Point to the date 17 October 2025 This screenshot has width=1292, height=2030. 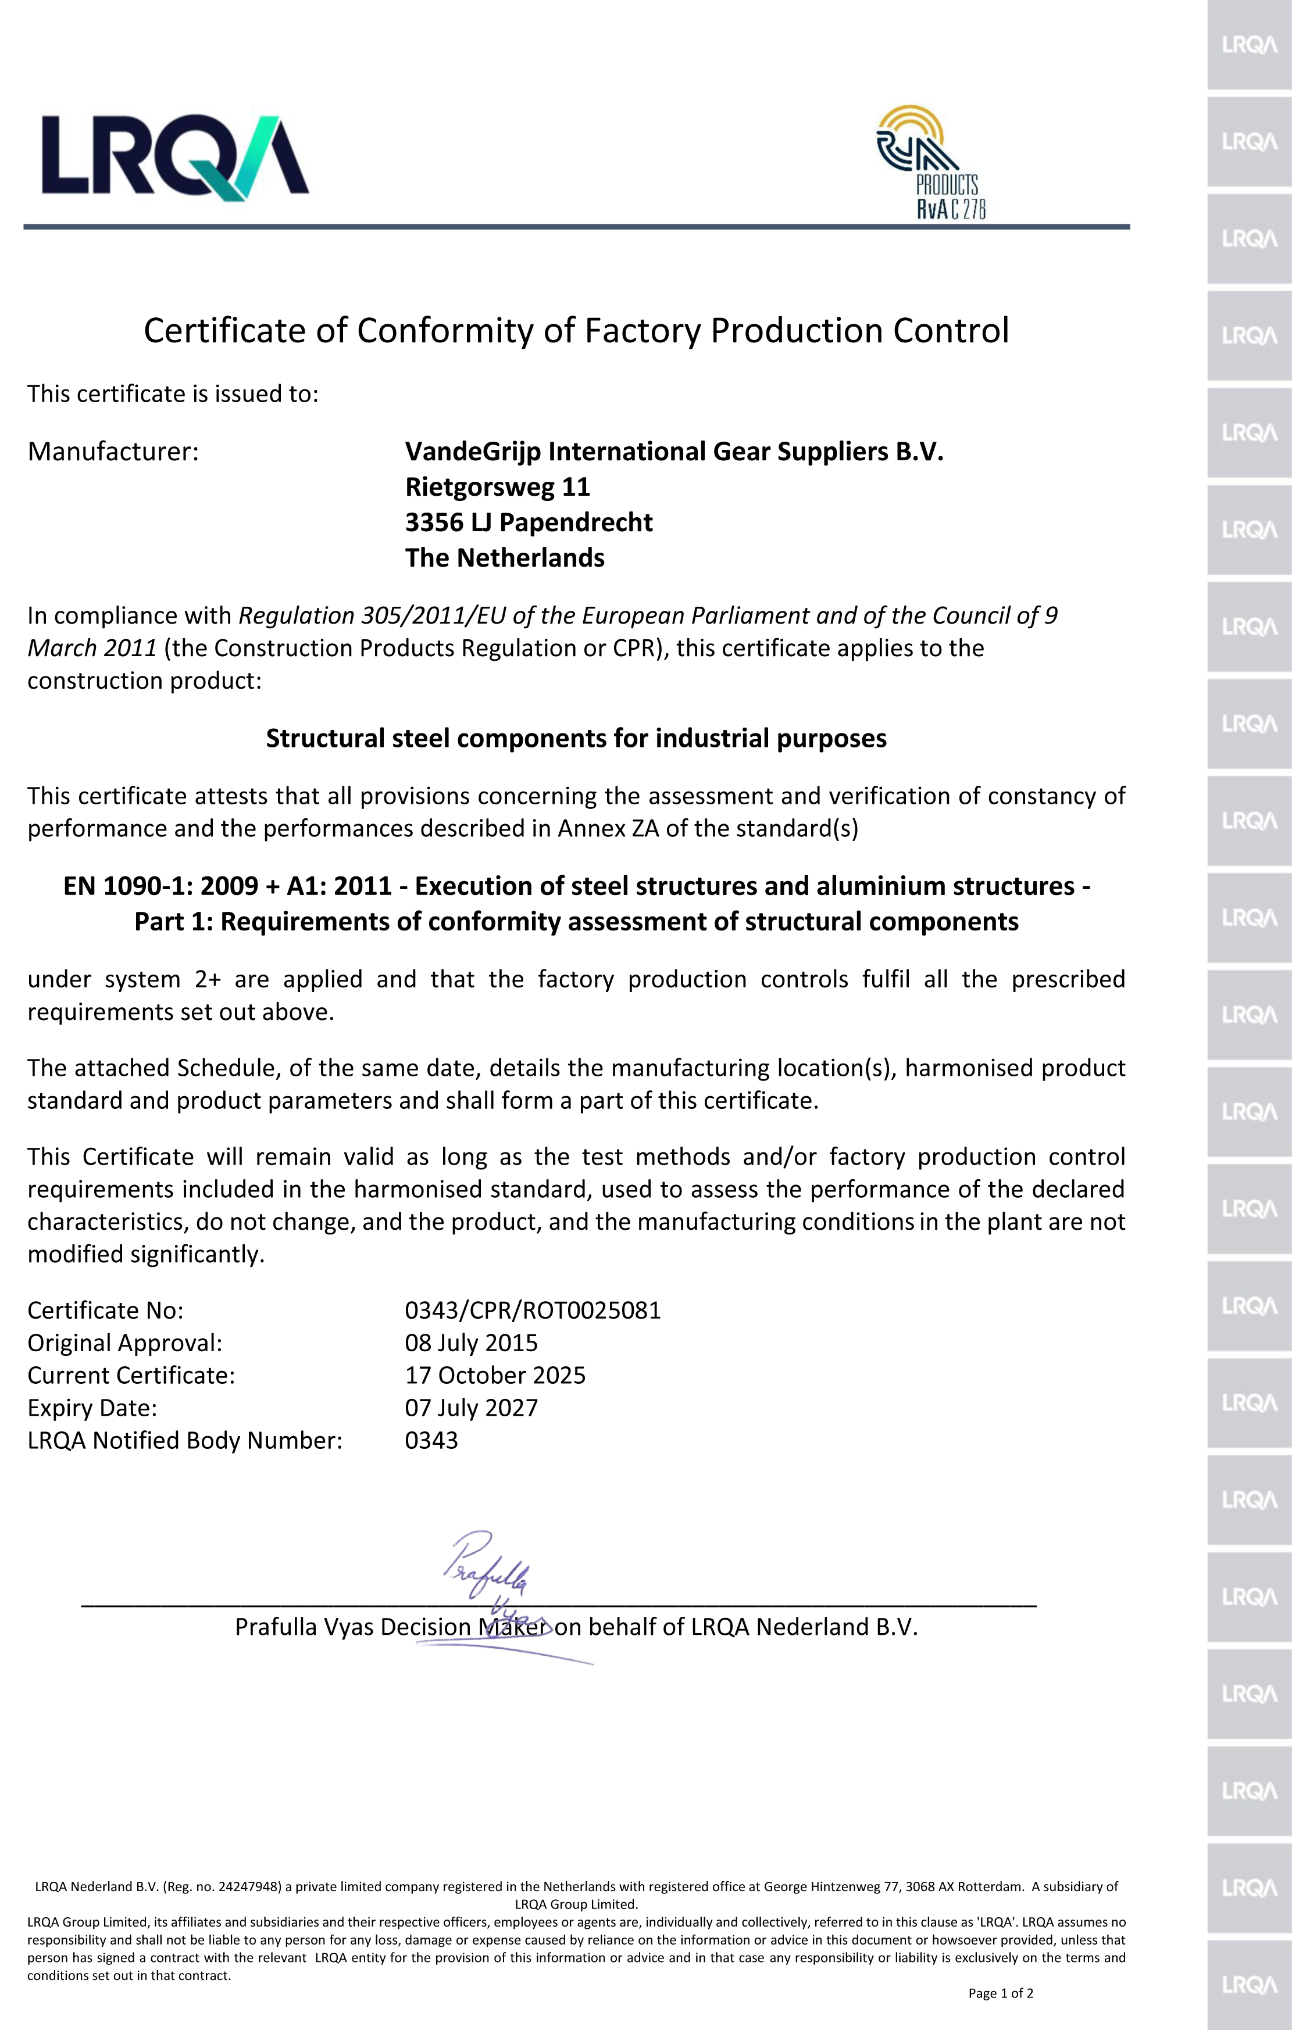click(495, 1375)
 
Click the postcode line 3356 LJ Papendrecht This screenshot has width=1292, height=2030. click(528, 522)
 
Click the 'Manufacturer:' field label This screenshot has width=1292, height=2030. click(113, 452)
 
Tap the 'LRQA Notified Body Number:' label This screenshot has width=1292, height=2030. click(185, 1441)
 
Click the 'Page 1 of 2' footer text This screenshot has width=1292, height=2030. click(1000, 1993)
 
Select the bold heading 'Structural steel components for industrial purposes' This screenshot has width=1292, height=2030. click(576, 739)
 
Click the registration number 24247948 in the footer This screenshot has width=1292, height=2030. click(249, 1886)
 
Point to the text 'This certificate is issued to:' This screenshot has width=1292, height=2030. click(173, 393)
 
